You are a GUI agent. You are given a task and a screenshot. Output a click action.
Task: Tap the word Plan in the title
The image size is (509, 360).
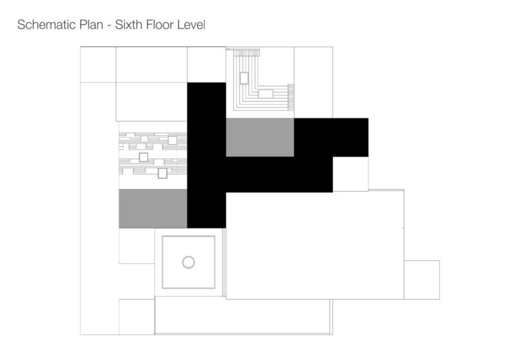pos(91,24)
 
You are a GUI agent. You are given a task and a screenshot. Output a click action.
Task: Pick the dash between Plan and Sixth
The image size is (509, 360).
pos(109,26)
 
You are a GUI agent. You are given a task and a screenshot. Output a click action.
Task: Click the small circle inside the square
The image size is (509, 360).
pos(188,262)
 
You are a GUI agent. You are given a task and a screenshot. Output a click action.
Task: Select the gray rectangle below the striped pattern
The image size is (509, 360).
pos(153,209)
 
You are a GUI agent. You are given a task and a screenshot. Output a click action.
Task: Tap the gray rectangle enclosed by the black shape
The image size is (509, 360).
pos(260,137)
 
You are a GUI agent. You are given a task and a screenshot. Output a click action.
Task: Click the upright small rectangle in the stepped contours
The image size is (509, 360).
pos(244,78)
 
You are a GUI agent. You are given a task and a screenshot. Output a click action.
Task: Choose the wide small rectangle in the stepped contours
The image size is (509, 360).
pos(266,94)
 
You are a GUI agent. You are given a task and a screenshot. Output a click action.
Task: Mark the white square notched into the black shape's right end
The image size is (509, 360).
pos(350,175)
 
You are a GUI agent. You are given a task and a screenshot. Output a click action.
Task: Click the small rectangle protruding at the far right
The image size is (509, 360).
pos(422,280)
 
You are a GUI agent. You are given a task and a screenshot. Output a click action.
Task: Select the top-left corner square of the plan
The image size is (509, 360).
pos(98,65)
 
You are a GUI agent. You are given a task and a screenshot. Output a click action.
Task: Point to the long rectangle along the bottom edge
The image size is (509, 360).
pos(243,317)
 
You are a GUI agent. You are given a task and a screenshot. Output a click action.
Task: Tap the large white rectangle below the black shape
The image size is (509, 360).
pos(315,245)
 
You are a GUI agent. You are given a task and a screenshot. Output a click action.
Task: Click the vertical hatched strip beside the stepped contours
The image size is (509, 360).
pos(291,97)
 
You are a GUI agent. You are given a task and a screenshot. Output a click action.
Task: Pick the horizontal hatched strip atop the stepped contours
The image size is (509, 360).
pos(246,52)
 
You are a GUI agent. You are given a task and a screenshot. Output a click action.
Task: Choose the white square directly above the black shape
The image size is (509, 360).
pos(207,65)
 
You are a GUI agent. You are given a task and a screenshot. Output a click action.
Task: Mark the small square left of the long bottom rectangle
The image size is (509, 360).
pos(137,317)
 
